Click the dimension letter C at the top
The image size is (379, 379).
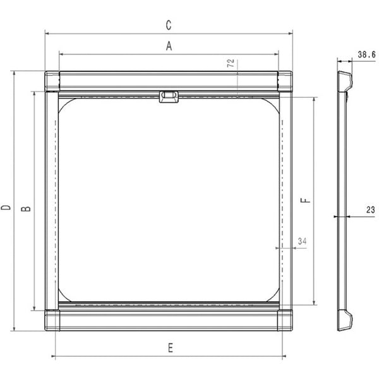coord(168,25)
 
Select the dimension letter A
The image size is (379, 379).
coord(168,45)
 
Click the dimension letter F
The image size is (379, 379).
coord(304,201)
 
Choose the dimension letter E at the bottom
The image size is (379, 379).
coord(170,347)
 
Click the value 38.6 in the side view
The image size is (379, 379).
coord(365,55)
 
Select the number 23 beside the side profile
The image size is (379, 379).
coord(370,210)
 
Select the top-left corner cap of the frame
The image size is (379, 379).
coord(52,81)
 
